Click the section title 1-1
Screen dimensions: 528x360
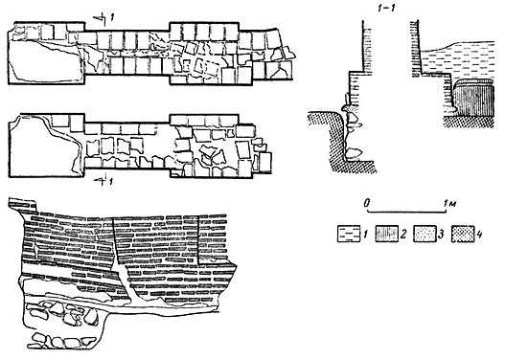pyautogui.click(x=386, y=9)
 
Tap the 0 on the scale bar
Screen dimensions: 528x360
pyautogui.click(x=367, y=203)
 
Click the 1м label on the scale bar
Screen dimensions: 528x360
pyautogui.click(x=449, y=203)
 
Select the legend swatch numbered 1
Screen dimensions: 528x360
pyautogui.click(x=349, y=234)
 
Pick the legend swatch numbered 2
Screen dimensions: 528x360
pyautogui.click(x=387, y=234)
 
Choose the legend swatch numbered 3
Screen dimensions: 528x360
pyautogui.click(x=425, y=234)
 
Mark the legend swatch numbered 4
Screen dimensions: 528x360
pyautogui.click(x=463, y=234)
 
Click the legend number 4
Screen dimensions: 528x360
pyautogui.click(x=479, y=235)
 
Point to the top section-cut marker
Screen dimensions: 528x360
pyautogui.click(x=103, y=18)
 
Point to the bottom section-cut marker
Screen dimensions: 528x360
pyautogui.click(x=103, y=181)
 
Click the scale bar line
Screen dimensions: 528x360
pyautogui.click(x=406, y=212)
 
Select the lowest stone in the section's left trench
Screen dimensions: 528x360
pyautogui.click(x=354, y=153)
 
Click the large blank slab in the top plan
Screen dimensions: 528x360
pyautogui.click(x=44, y=61)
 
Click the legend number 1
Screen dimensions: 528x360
pyautogui.click(x=364, y=235)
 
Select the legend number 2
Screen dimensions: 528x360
pyautogui.click(x=403, y=235)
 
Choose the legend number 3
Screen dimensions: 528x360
pyautogui.click(x=441, y=235)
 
